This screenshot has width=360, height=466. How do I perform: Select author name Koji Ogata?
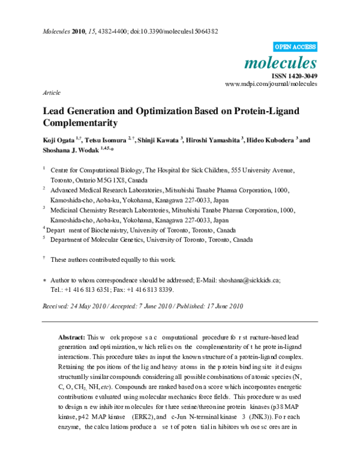pos(58,141)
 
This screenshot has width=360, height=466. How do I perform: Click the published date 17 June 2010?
pos(221,306)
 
